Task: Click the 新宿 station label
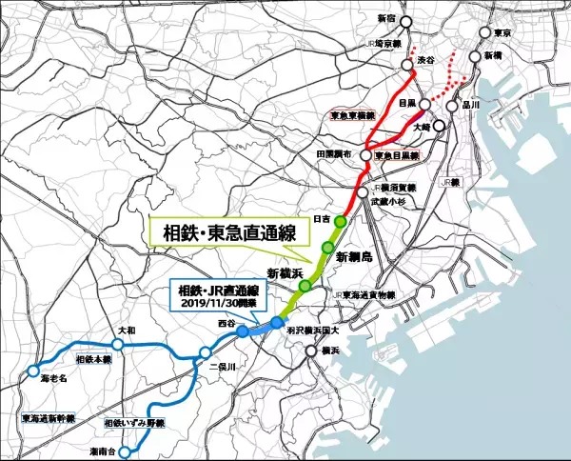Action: click(385, 18)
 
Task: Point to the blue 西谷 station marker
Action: click(243, 330)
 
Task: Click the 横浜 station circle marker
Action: click(311, 352)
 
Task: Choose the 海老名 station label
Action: click(55, 378)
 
